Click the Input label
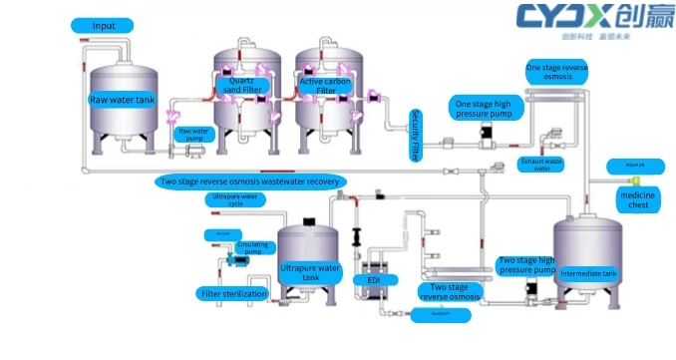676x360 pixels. (x=104, y=25)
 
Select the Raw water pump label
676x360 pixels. (x=193, y=133)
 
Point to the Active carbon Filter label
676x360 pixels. (x=326, y=85)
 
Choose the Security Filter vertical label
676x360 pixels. (x=415, y=137)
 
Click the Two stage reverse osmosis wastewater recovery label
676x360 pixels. (x=251, y=181)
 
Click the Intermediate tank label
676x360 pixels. (x=589, y=272)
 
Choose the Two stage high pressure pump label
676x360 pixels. (x=526, y=265)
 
